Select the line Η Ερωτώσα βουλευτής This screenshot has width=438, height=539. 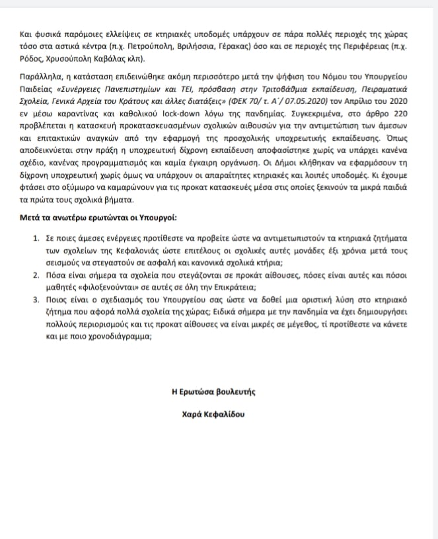point(213,392)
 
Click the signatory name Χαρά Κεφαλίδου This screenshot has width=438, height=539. point(213,415)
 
